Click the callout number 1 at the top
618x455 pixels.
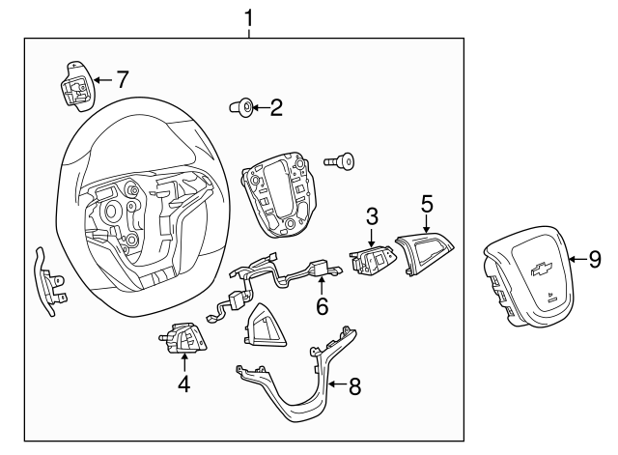[x=249, y=17]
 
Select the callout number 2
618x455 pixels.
[x=276, y=108]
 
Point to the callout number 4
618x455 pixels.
[x=183, y=384]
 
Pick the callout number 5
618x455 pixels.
[x=426, y=204]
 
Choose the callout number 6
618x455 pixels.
[x=323, y=306]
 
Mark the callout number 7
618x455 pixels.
[x=122, y=79]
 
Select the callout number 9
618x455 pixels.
[x=595, y=259]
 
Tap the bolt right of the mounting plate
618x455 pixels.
[x=342, y=162]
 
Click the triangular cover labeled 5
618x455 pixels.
[x=427, y=255]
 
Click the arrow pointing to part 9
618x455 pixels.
[x=576, y=259]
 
